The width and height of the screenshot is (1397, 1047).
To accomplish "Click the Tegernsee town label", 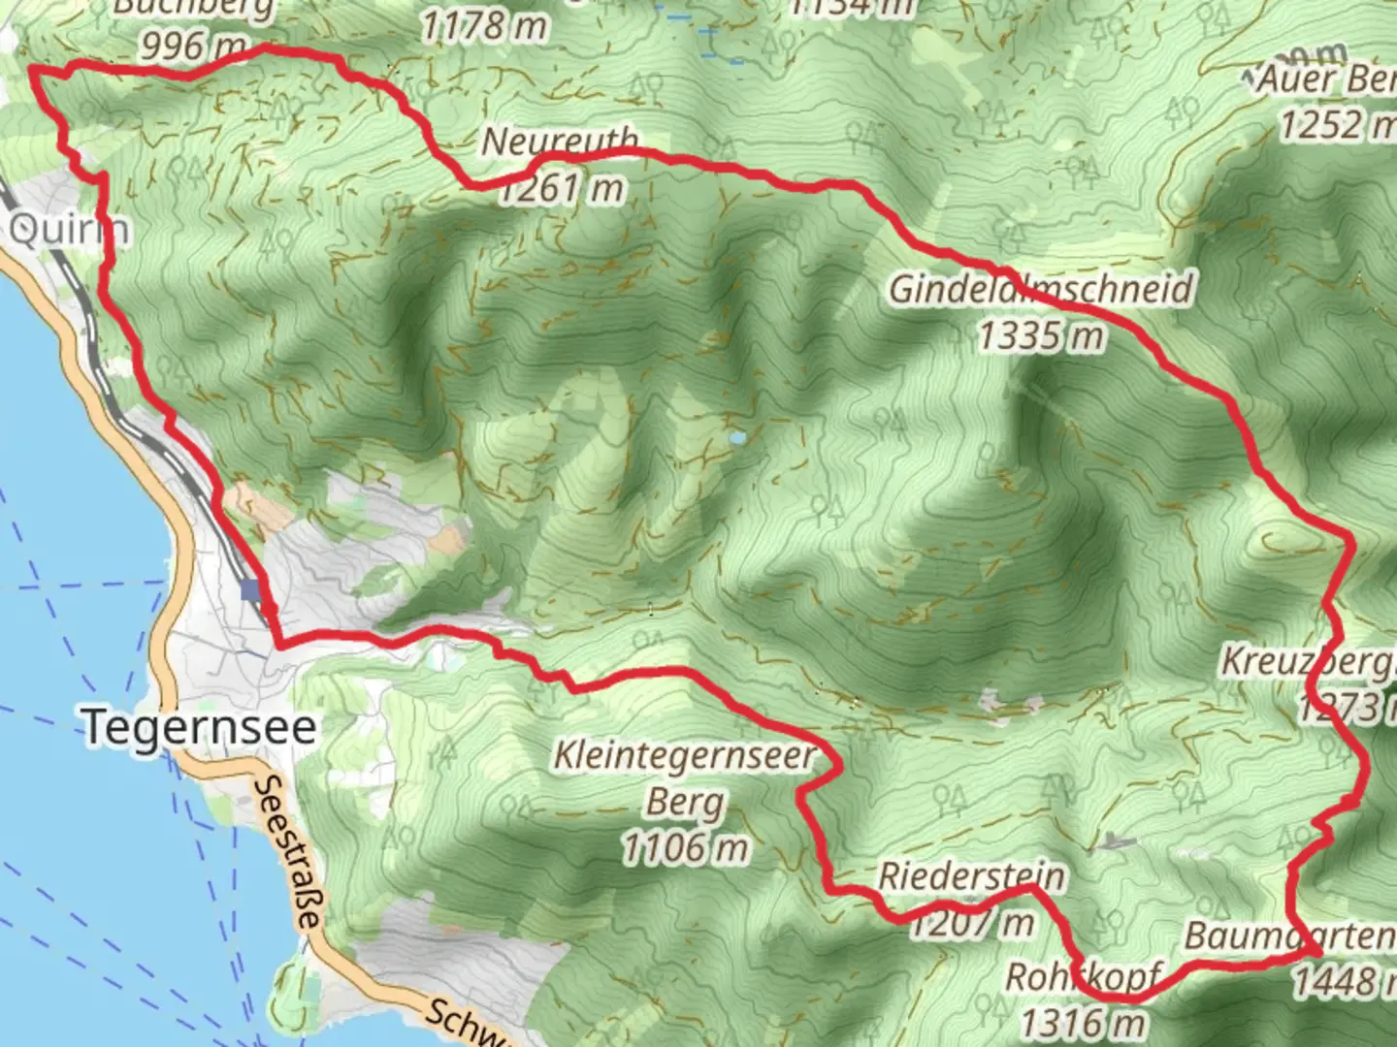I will point(200,727).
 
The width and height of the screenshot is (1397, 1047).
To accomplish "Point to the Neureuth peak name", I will point(560,143).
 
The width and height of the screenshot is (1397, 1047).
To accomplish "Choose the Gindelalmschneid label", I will point(1041,290).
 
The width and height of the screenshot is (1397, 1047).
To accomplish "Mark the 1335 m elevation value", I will point(1041,336).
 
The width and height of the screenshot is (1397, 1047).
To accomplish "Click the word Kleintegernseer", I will point(684,756).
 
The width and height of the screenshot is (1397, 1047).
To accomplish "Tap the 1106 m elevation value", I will point(684,849).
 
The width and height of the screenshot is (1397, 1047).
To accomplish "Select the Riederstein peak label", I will point(970,877).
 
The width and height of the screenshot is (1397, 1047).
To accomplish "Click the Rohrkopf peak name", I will point(1082,977).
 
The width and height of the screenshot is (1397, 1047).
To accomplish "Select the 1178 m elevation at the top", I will point(483,26).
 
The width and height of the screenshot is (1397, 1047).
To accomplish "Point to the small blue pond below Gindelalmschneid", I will point(739,438).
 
